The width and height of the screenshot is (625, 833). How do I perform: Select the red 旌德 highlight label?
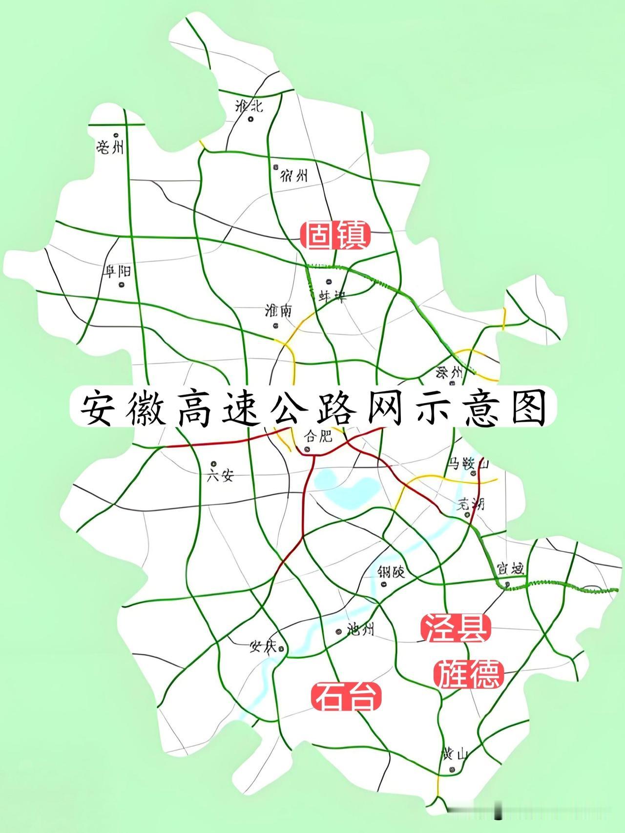[468, 674]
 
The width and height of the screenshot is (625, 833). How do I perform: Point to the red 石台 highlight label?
[346, 696]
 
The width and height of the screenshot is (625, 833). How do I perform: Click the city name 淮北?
[249, 104]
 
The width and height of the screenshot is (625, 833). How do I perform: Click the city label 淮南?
[278, 311]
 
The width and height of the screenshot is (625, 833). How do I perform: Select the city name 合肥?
[318, 436]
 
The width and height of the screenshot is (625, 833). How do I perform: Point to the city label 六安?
[220, 476]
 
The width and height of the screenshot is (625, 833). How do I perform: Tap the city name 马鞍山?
[468, 462]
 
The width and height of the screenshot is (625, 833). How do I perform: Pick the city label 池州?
[360, 630]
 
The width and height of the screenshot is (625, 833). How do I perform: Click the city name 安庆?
[263, 647]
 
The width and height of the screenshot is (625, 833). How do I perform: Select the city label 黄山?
[455, 754]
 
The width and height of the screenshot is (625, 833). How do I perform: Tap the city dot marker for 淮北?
[251, 119]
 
